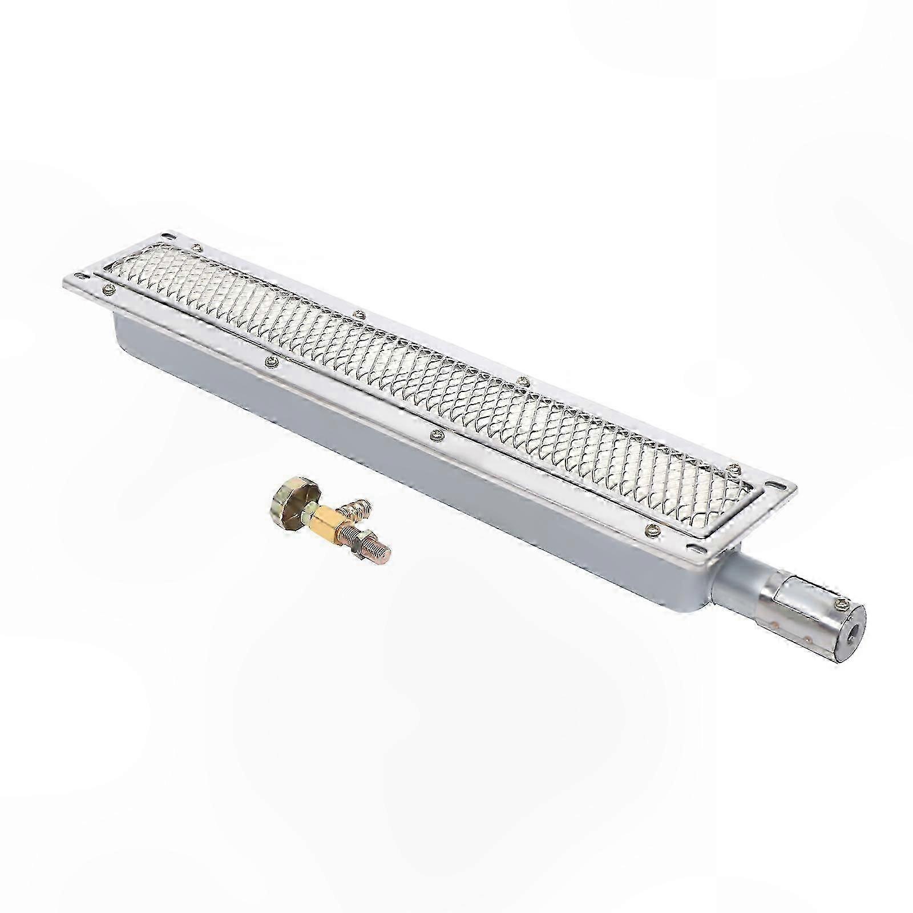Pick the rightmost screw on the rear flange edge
tap(734, 470)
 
